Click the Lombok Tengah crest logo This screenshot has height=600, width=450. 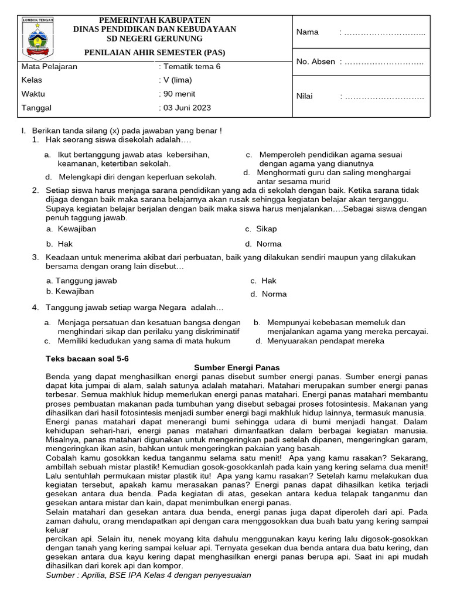pyautogui.click(x=37, y=37)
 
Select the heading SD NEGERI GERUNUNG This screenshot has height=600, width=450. pyautogui.click(x=155, y=38)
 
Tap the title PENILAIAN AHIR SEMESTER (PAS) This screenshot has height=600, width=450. pyautogui.click(x=155, y=52)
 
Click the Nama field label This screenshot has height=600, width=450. pyautogui.click(x=308, y=32)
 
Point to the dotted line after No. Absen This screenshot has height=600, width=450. pyautogui.click(x=383, y=62)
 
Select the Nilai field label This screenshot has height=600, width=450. pyautogui.click(x=305, y=97)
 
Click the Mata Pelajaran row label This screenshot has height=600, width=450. pyautogui.click(x=49, y=67)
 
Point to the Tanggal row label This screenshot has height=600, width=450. pyautogui.click(x=36, y=108)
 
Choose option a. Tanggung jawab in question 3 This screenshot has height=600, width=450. pyautogui.click(x=82, y=281)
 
